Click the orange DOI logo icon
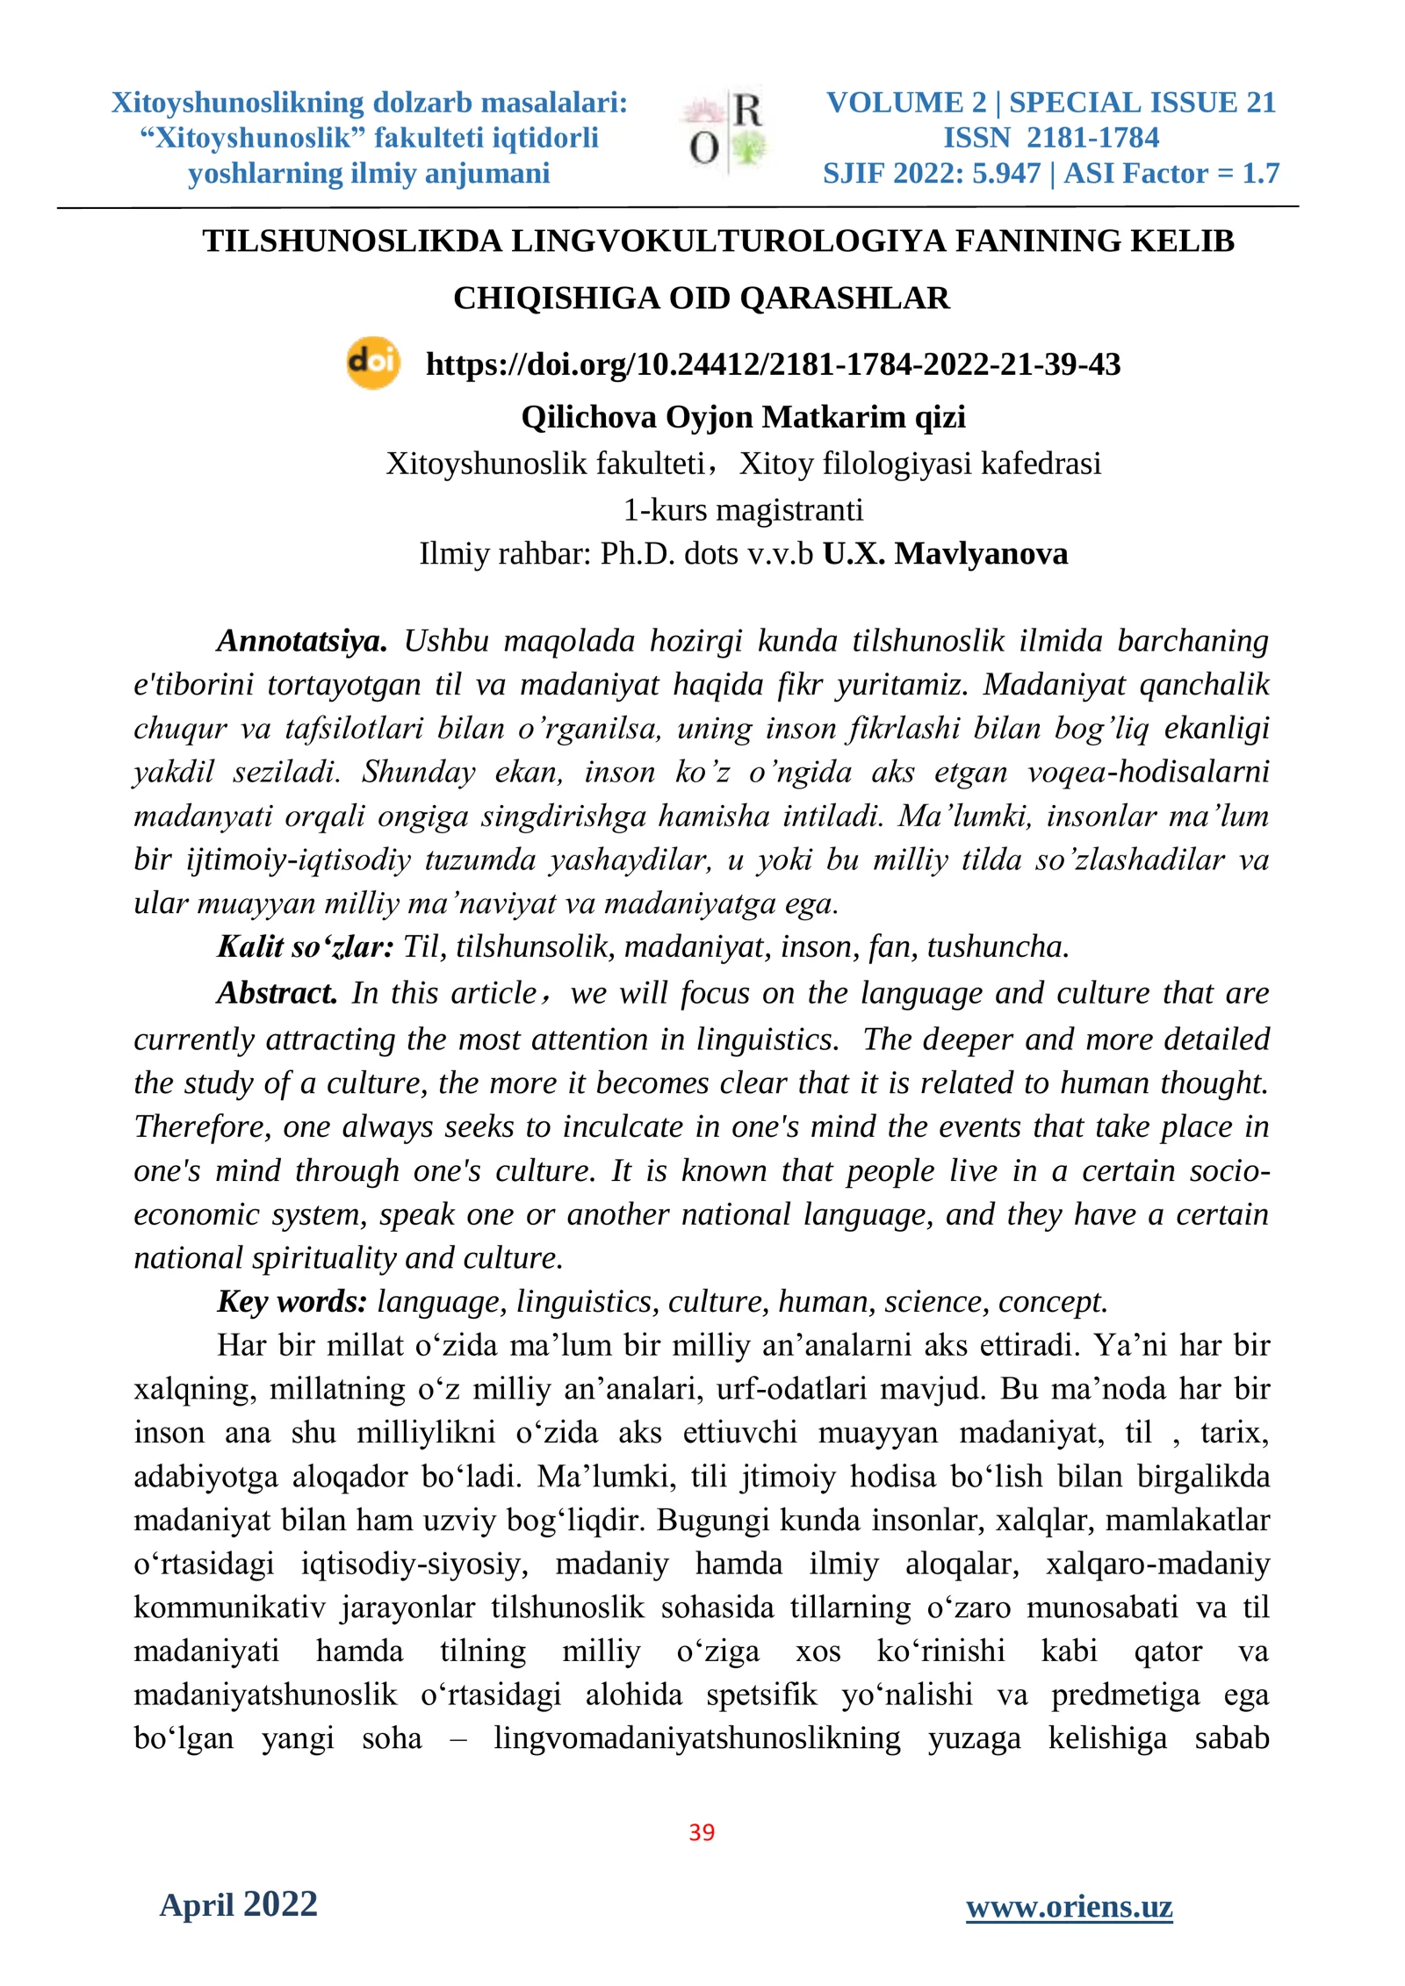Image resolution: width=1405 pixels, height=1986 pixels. click(x=373, y=363)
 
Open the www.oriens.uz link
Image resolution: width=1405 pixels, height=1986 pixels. click(x=1069, y=1906)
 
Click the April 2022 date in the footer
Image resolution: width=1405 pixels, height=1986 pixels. click(x=238, y=1904)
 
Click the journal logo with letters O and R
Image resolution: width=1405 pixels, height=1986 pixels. click(x=725, y=132)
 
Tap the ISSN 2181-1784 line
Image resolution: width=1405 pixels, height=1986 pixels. click(x=1050, y=138)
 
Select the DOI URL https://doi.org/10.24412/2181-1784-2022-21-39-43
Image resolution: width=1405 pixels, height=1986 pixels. click(x=773, y=364)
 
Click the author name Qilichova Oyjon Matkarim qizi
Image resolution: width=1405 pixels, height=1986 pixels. click(x=743, y=417)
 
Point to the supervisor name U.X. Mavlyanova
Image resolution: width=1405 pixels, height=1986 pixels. click(x=945, y=554)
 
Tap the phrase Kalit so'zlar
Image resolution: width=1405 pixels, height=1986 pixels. click(x=305, y=946)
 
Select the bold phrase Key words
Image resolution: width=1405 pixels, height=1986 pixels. click(x=292, y=1301)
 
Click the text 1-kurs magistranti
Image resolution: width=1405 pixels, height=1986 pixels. click(x=743, y=509)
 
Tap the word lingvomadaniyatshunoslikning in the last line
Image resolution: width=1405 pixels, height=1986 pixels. click(x=696, y=1738)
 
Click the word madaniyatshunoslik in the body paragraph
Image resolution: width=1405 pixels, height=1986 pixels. click(x=265, y=1695)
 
